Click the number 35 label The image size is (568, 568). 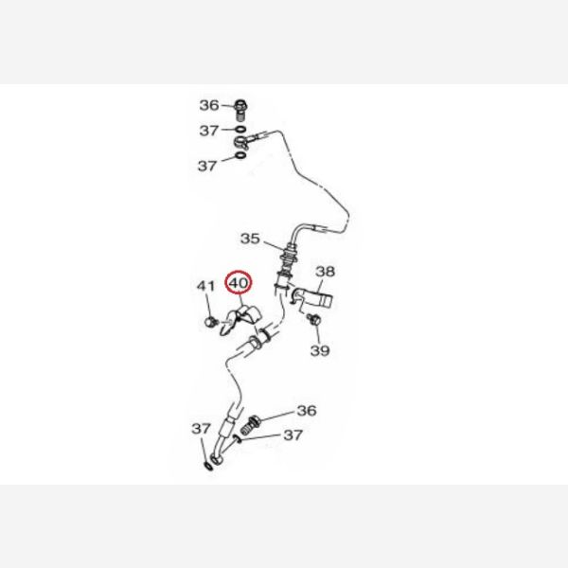tap(249, 238)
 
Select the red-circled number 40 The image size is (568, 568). tap(238, 283)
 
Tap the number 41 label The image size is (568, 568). tap(206, 287)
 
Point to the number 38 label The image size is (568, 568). tap(325, 272)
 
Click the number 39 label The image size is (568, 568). tap(320, 351)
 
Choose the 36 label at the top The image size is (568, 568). tap(208, 105)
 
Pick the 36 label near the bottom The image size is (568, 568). tap(306, 411)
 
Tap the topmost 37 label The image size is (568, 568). tap(208, 130)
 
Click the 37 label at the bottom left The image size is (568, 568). tap(202, 429)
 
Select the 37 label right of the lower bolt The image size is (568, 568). tap(293, 435)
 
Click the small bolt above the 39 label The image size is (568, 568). tap(314, 323)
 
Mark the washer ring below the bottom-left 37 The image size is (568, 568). tap(207, 466)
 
